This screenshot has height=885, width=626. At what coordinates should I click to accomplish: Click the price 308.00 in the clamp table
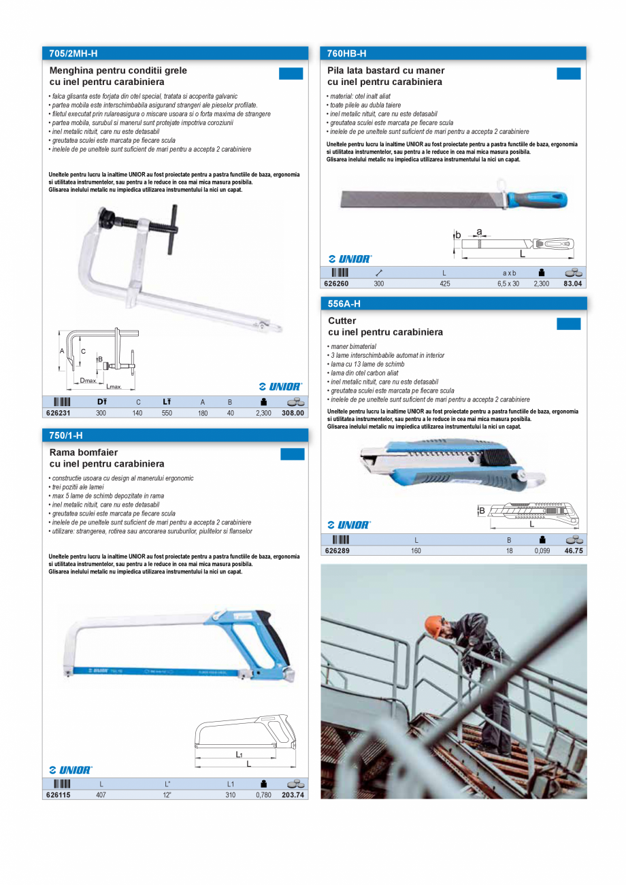(293, 413)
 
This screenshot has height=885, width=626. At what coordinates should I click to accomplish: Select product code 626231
(58, 413)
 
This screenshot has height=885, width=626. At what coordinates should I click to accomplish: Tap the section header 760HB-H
(346, 53)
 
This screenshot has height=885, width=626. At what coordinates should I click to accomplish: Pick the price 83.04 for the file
(573, 284)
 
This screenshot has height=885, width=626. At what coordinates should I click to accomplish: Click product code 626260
(336, 284)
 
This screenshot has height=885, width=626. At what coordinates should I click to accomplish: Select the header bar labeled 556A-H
(344, 303)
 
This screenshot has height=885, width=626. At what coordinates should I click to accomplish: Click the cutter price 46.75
(574, 551)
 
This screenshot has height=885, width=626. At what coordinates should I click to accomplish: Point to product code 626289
(337, 551)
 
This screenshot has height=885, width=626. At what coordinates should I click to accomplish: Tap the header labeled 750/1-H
(65, 435)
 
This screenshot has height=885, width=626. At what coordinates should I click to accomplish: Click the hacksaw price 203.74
(293, 795)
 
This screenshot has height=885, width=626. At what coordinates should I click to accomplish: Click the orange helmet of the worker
(433, 623)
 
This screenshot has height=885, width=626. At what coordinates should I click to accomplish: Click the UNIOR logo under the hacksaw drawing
(71, 770)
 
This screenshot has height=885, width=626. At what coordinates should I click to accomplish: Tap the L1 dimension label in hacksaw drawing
(240, 754)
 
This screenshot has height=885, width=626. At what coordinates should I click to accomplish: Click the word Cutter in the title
(342, 320)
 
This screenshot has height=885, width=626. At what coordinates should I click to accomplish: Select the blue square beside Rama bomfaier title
(293, 454)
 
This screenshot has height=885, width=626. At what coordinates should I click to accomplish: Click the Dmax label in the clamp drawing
(88, 380)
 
